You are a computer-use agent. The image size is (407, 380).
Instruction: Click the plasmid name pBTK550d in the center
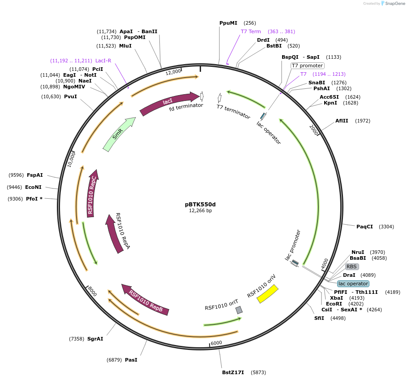[x=200, y=204]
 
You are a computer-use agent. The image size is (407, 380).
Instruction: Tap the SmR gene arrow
[x=119, y=134]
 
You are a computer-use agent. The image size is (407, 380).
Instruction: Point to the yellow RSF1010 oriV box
[x=268, y=294]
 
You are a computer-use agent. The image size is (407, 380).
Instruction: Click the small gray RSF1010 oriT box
[x=239, y=310]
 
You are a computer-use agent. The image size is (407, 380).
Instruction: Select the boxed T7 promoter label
[x=307, y=66]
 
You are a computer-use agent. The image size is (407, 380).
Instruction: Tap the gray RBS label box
[x=351, y=266]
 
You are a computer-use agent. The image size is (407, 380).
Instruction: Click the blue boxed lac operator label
[x=353, y=284]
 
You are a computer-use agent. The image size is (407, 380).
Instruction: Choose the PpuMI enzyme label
[x=228, y=23]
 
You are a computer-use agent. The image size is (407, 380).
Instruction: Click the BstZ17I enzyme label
[x=233, y=372]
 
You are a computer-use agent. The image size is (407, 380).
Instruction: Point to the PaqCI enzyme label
[x=364, y=227]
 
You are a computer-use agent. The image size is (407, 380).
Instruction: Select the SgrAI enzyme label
[x=95, y=339]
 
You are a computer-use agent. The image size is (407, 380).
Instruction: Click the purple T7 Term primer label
[x=251, y=31]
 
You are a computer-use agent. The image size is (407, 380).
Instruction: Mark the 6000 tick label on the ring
[x=216, y=343]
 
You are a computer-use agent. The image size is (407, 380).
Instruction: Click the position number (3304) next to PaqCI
[x=386, y=227]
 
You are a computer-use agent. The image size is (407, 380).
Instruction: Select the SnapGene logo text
[x=394, y=4]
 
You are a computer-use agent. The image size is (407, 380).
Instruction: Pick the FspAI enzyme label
[x=35, y=175]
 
